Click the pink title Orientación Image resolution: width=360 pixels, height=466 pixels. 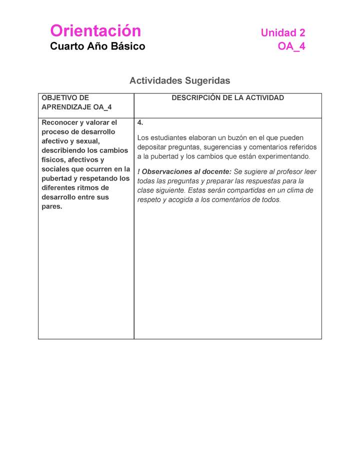coord(95,31)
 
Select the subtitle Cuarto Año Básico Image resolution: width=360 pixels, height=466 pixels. coord(97,46)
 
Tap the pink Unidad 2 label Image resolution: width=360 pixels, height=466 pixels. coord(283,33)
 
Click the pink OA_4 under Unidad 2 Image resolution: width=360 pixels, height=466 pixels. coord(291,46)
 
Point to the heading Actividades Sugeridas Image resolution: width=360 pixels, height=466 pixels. coord(179,80)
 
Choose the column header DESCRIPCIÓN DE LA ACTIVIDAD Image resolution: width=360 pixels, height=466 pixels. coord(227,98)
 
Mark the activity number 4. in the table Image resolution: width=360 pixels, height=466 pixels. coord(140,122)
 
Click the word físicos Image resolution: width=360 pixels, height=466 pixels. coord(53,160)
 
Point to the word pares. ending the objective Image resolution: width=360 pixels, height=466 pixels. coord(52,206)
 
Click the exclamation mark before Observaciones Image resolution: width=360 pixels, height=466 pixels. coord(138,172)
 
